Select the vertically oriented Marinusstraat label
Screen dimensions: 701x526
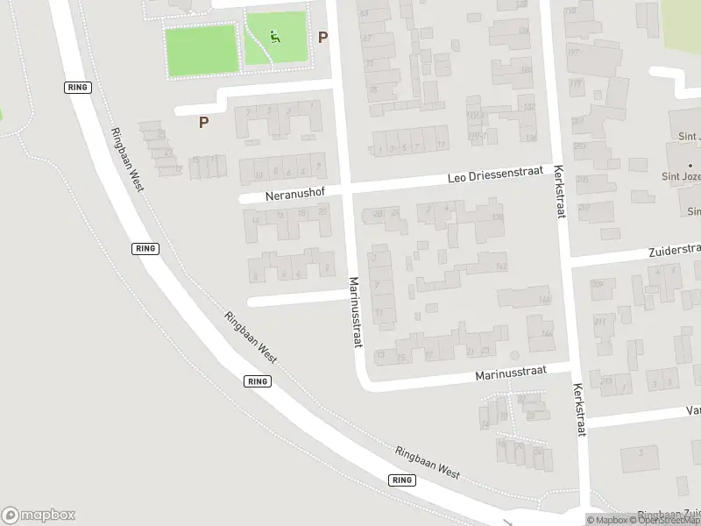coord(355,312)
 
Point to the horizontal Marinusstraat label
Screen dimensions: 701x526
coord(511,373)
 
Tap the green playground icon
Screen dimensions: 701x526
coord(275,37)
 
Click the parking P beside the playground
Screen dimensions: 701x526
coord(322,38)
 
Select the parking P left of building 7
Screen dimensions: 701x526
coord(203,123)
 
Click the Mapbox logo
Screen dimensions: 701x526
coord(39,515)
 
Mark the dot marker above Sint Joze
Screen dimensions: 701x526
coord(690,166)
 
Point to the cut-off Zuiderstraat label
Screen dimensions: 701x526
coord(674,250)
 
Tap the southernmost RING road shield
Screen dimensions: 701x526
coord(402,480)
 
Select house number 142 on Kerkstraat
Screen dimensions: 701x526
coord(501,267)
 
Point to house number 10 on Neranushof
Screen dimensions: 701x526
coord(261,173)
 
